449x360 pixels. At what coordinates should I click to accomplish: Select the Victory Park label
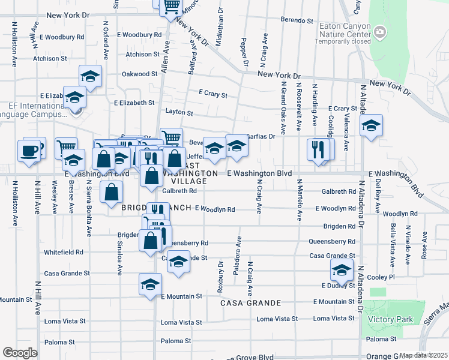pos(391,320)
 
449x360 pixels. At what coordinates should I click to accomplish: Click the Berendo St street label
pos(298,20)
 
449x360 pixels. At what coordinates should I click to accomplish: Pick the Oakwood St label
pos(139,74)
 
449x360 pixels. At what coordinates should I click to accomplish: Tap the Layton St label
pos(179,112)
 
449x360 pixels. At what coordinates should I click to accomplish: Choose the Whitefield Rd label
pos(63,252)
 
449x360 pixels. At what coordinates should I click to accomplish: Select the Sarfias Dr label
pos(262,136)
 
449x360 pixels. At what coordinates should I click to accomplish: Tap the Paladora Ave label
pos(238,259)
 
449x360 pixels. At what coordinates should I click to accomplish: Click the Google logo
pos(20,353)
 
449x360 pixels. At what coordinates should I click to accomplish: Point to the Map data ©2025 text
pos(423,355)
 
